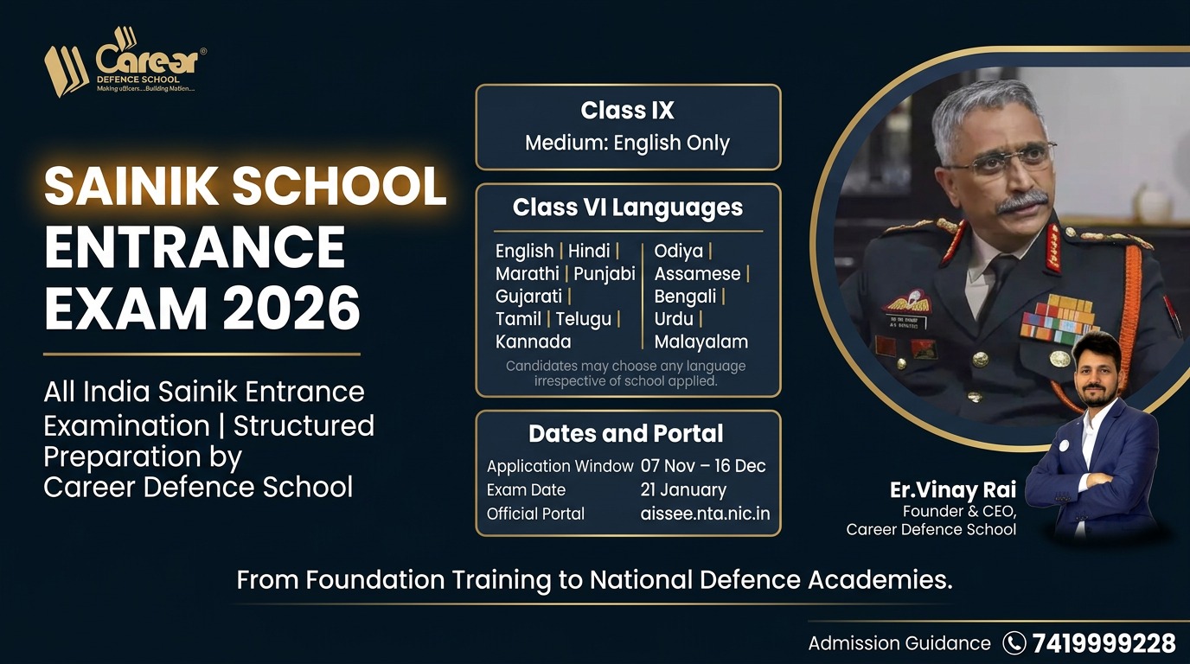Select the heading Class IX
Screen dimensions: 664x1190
(x=627, y=111)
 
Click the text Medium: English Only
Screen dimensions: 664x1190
(x=627, y=143)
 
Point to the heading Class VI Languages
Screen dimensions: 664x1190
(x=627, y=207)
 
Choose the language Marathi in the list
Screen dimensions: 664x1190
(x=527, y=274)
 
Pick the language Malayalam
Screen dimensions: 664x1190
(x=701, y=342)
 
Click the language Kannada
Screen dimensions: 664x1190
(x=533, y=342)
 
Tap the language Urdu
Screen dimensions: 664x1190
(x=674, y=319)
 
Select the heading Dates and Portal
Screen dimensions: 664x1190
(x=626, y=433)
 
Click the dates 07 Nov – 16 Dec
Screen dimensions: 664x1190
(x=703, y=466)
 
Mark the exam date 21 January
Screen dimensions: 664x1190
(x=683, y=489)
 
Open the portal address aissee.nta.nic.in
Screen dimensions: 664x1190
(x=705, y=514)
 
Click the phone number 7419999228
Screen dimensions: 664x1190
(x=1104, y=643)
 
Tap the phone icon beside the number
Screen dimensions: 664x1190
(x=1014, y=643)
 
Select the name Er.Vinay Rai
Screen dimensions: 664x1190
(x=953, y=490)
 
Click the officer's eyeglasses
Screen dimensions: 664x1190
(x=1003, y=160)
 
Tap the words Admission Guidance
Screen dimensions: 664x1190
(x=899, y=643)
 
